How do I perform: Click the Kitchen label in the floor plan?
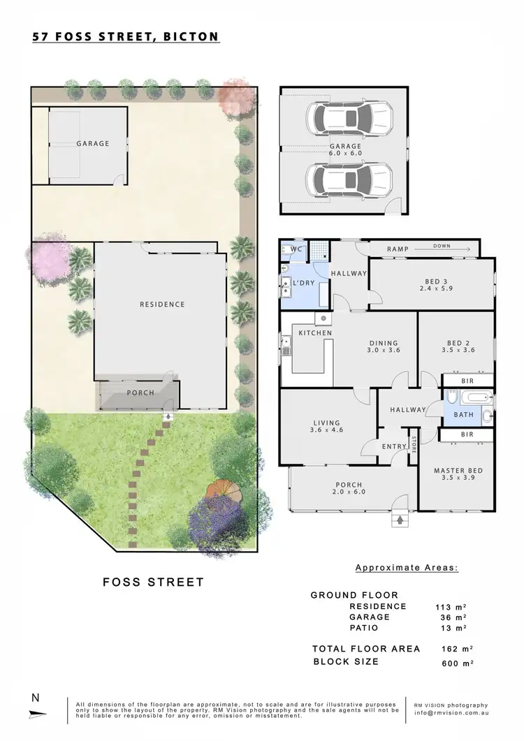point(315,333)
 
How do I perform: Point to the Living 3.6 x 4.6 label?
point(326,427)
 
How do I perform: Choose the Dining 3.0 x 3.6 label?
point(384,347)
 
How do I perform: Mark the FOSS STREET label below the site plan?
point(153,582)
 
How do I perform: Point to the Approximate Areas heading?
point(407,568)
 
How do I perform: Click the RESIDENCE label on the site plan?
point(162,304)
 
